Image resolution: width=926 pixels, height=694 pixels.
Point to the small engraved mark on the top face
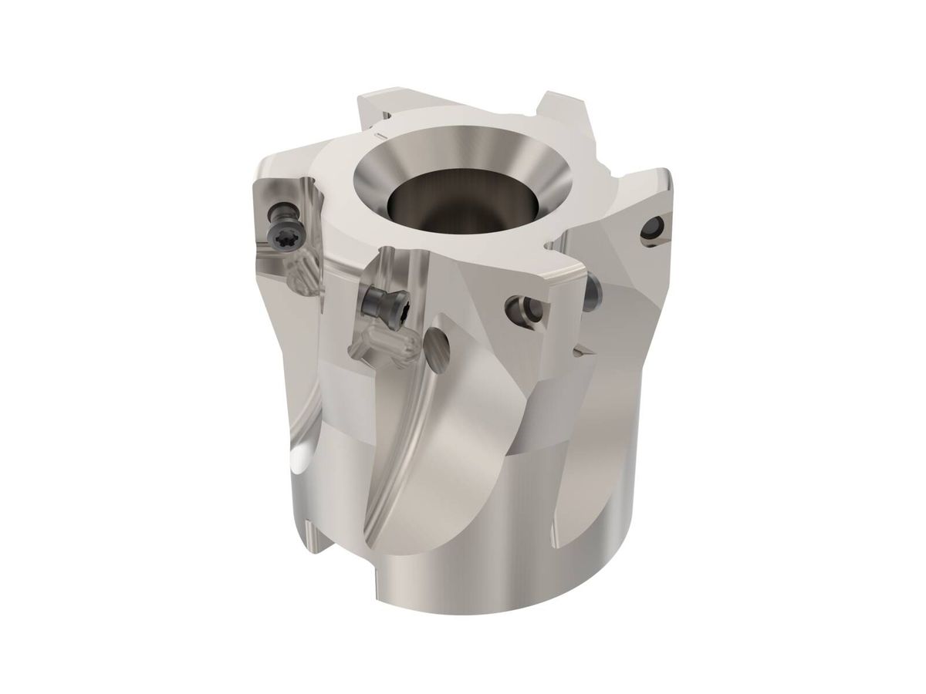375,136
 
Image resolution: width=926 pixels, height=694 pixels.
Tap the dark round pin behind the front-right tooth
593,291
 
